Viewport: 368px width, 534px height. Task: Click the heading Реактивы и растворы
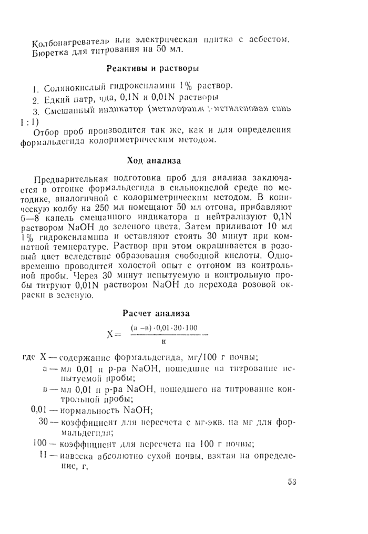(x=152, y=68)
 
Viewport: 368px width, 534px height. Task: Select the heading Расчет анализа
(x=156, y=314)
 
